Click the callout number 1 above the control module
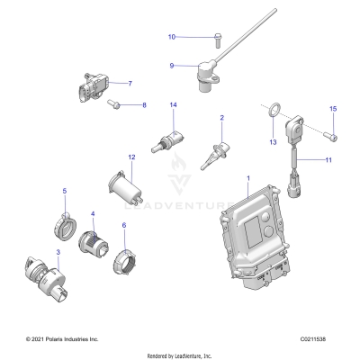pos(247,180)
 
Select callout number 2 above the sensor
pos(221,118)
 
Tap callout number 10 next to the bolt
pos(172,37)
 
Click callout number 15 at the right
pos(332,109)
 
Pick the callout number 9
pos(172,65)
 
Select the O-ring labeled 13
pos(270,112)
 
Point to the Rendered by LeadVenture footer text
pos(180,355)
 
